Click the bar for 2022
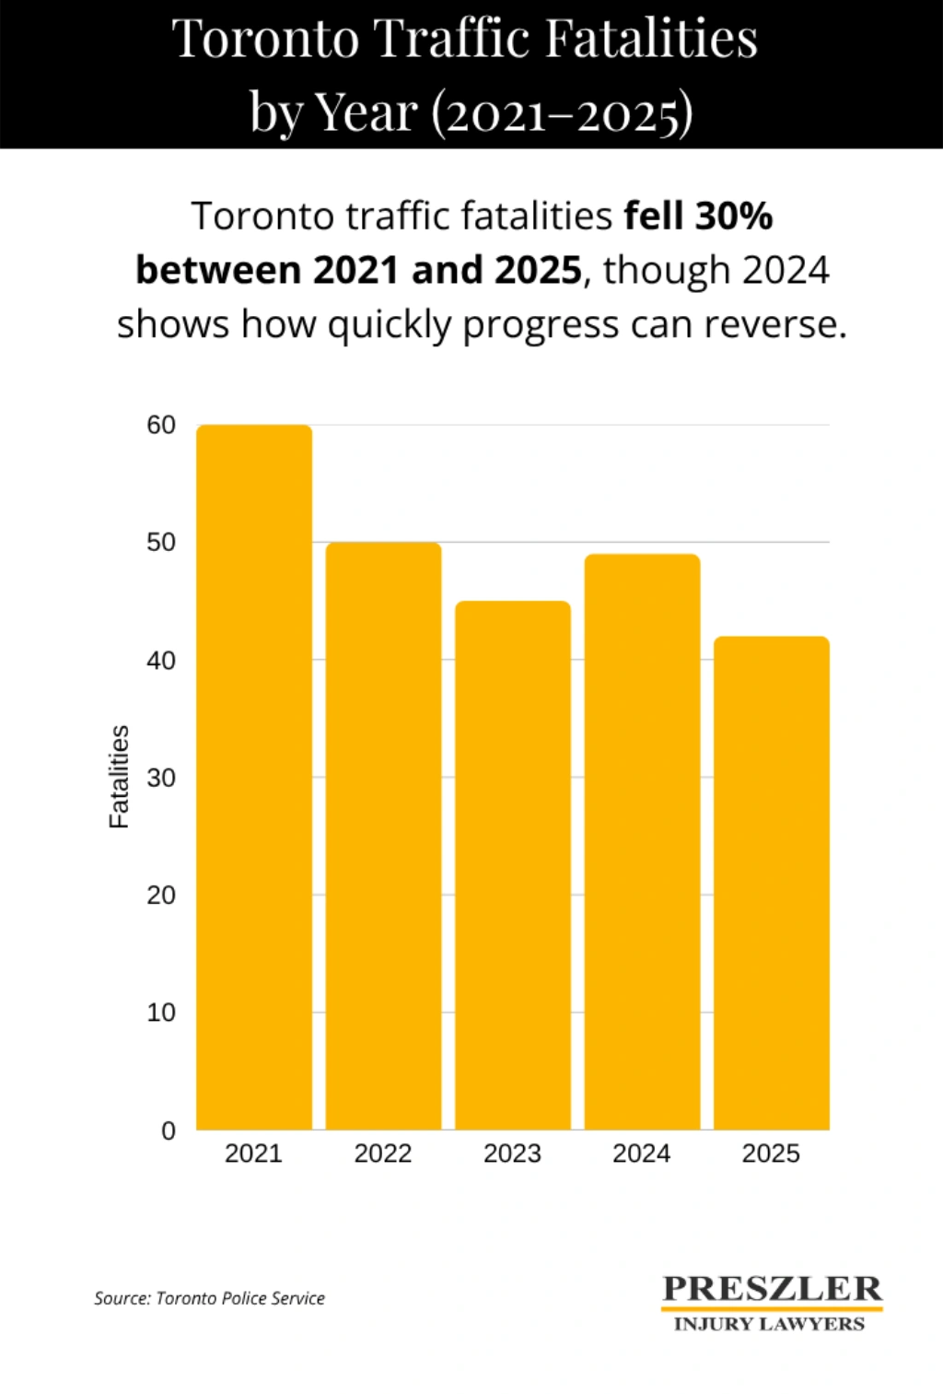pos(383,836)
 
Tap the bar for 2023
pos(513,865)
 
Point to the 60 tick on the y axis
pos(161,425)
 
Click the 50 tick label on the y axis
pos(161,543)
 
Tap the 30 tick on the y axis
pos(161,778)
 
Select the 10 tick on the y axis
pos(161,1013)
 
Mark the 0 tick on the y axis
pos(169,1130)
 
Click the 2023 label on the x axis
pos(513,1154)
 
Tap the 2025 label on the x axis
pos(772,1154)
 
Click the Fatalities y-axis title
pos(119,777)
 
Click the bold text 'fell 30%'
pos(698,217)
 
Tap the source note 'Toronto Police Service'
pos(240,1298)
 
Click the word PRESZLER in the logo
pos(772,1288)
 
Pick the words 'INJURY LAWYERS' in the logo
pos(770,1324)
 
